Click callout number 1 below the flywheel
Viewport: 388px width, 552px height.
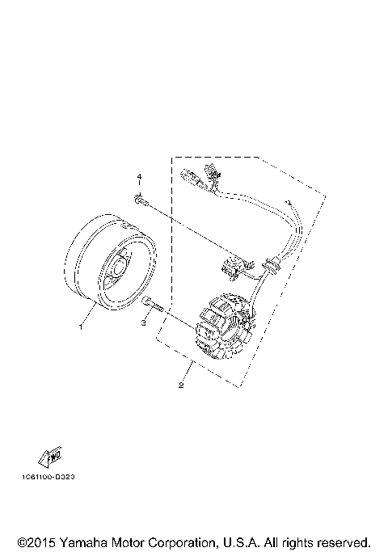click(x=80, y=327)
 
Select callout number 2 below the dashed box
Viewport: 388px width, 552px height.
click(x=181, y=385)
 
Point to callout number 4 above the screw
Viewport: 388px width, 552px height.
click(x=138, y=176)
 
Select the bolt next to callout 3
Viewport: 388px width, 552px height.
click(x=153, y=305)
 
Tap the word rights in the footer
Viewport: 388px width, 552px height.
click(x=297, y=541)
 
